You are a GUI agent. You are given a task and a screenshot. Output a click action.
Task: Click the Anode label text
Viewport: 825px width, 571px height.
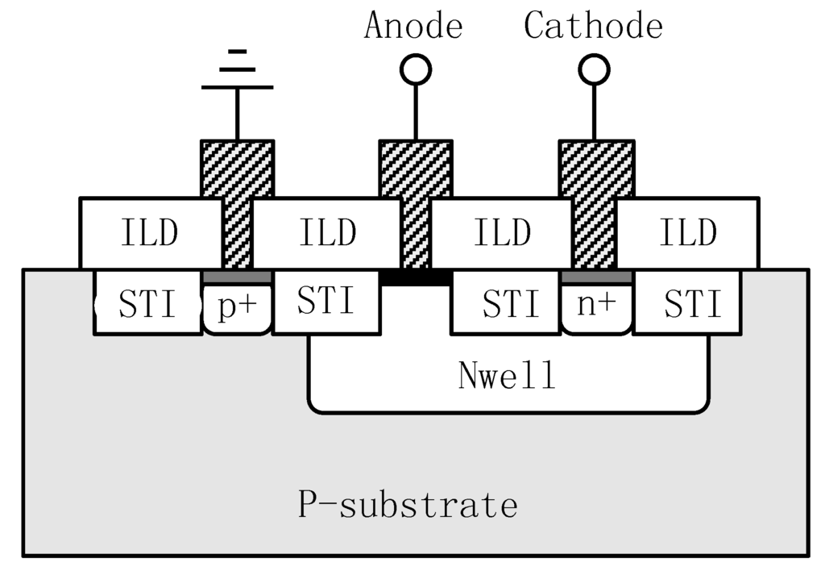coord(413,26)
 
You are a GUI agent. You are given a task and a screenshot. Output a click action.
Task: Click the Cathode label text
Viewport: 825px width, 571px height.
coord(594,26)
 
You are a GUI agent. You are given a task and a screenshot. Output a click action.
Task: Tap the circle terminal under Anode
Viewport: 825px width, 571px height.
coord(417,70)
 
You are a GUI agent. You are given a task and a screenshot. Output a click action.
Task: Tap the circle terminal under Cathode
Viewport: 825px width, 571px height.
coord(595,70)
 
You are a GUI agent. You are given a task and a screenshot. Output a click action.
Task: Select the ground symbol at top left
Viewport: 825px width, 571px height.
coord(237,73)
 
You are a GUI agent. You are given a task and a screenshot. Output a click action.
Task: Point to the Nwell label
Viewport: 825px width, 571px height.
coord(508,377)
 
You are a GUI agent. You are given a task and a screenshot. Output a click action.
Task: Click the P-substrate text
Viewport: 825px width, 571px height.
coord(408,506)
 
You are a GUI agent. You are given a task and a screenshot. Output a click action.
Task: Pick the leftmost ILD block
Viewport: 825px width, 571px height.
coord(150,233)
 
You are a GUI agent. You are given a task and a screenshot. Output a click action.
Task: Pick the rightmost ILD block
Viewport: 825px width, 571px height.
coord(688,233)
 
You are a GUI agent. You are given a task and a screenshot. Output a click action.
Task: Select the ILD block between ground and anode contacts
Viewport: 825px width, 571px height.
coord(326,233)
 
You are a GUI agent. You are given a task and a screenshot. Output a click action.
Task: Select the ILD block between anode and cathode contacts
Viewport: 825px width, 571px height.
coord(502,233)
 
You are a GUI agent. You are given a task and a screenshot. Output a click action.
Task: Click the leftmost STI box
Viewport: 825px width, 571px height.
coord(147,304)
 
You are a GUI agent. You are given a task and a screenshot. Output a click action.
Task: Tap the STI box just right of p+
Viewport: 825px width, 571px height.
coord(326,302)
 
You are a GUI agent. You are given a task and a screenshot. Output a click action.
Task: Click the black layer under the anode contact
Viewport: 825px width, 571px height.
coord(416,277)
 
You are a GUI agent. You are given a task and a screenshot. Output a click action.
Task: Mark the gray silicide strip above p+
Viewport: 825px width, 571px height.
coord(237,277)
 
